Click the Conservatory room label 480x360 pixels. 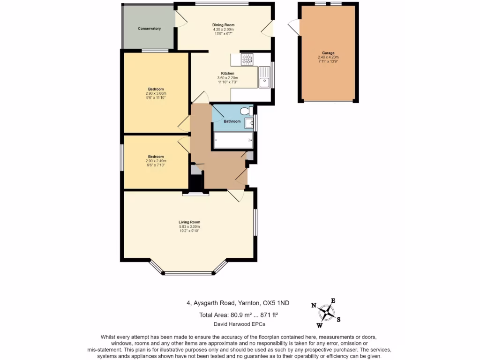pyautogui.click(x=150, y=29)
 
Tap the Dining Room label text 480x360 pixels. pyautogui.click(x=223, y=25)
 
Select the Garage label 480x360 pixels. pyautogui.click(x=328, y=53)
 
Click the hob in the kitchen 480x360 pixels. pyautogui.click(x=247, y=59)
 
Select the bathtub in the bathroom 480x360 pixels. pyautogui.click(x=233, y=140)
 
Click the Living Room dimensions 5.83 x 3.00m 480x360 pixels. pyautogui.click(x=189, y=226)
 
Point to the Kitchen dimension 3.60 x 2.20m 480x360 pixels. pyautogui.click(x=228, y=78)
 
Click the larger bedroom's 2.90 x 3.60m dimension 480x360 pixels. pyautogui.click(x=156, y=93)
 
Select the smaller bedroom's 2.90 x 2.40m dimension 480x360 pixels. pyautogui.click(x=156, y=161)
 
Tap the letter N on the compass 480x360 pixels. pyautogui.click(x=314, y=306)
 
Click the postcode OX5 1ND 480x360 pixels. pyautogui.click(x=277, y=303)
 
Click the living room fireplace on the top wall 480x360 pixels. pyautogui.click(x=196, y=193)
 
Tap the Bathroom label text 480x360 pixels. pyautogui.click(x=232, y=121)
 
